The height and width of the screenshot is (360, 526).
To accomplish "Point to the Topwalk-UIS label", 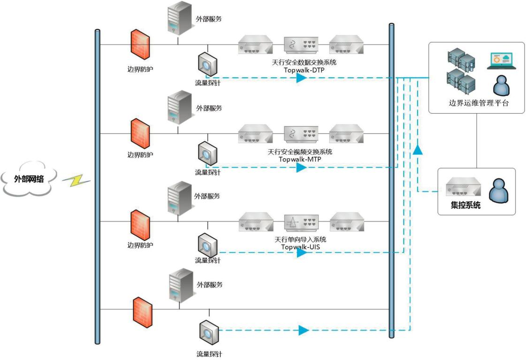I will tap(300, 247).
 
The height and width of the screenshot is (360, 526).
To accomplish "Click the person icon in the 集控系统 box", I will tap(499, 191).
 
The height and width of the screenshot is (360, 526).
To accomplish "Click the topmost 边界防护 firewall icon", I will tap(140, 45).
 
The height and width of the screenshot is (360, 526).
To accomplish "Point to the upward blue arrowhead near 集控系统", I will tap(417, 150).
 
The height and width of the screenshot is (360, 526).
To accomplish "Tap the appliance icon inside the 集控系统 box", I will tap(464, 186).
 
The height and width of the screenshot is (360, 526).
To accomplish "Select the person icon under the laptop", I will tap(501, 85).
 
